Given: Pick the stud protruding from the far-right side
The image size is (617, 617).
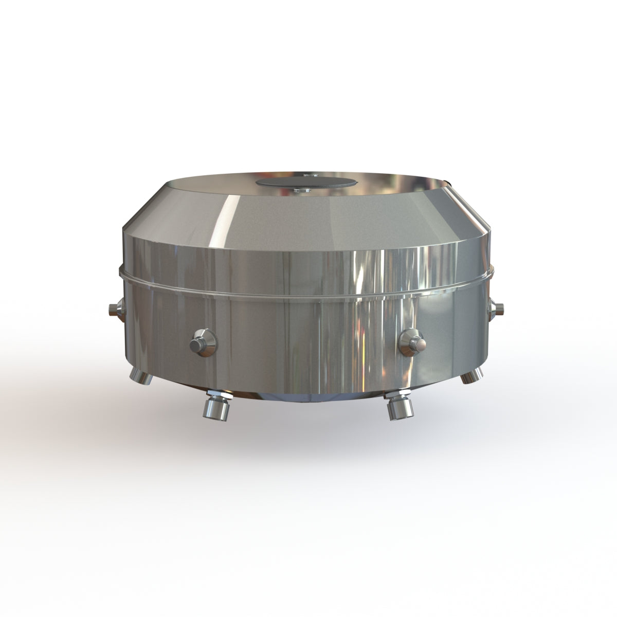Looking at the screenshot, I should coord(499,308).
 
